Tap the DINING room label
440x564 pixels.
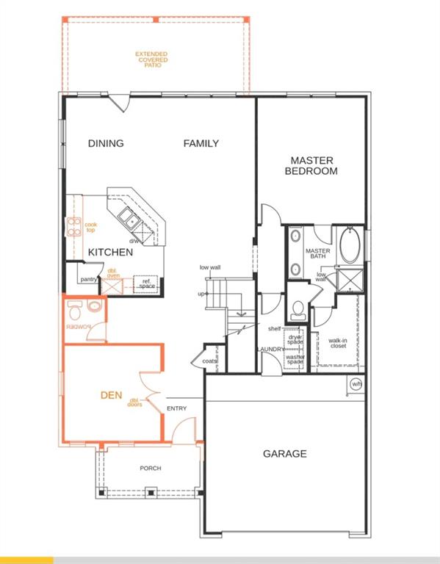point(106,143)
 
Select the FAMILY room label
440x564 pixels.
point(201,143)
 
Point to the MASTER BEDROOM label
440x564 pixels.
point(313,165)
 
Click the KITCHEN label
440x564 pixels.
point(110,252)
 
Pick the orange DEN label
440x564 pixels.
point(111,394)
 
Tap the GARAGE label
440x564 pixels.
point(284,454)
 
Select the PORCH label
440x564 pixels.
point(151,468)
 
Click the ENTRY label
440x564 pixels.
point(176,408)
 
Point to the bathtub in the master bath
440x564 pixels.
point(349,250)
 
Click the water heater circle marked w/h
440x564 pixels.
point(356,383)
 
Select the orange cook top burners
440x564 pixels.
point(73,227)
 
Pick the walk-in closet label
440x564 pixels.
point(337,343)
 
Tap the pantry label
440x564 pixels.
point(89,279)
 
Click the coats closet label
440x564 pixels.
point(209,361)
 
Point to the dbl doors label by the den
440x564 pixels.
point(134,402)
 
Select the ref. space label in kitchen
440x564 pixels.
point(147,283)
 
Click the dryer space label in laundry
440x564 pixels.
point(295,339)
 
